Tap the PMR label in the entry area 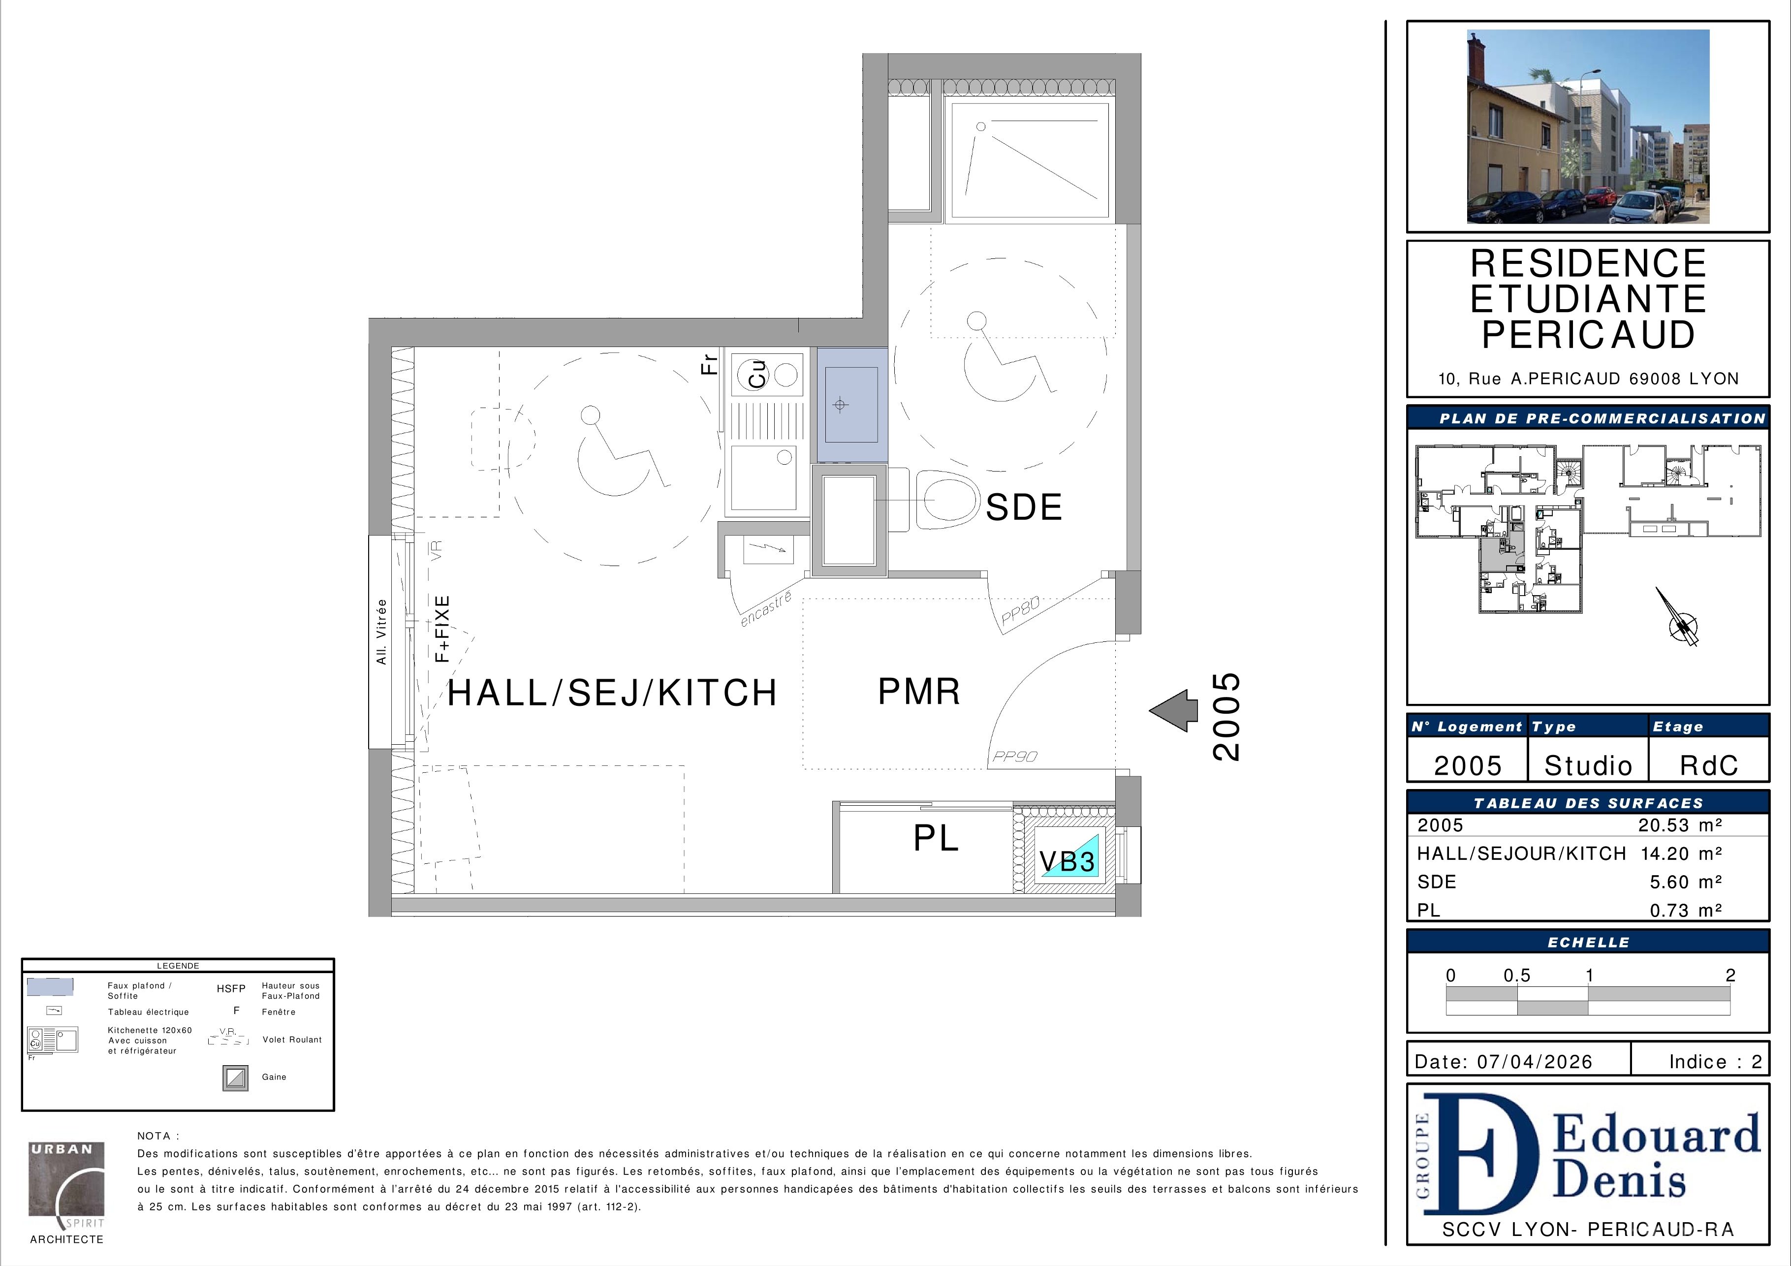click(x=919, y=691)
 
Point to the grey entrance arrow click(x=1173, y=711)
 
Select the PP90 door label click(x=1015, y=757)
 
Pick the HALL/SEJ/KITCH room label click(x=612, y=693)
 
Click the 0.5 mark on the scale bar click(x=1517, y=976)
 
